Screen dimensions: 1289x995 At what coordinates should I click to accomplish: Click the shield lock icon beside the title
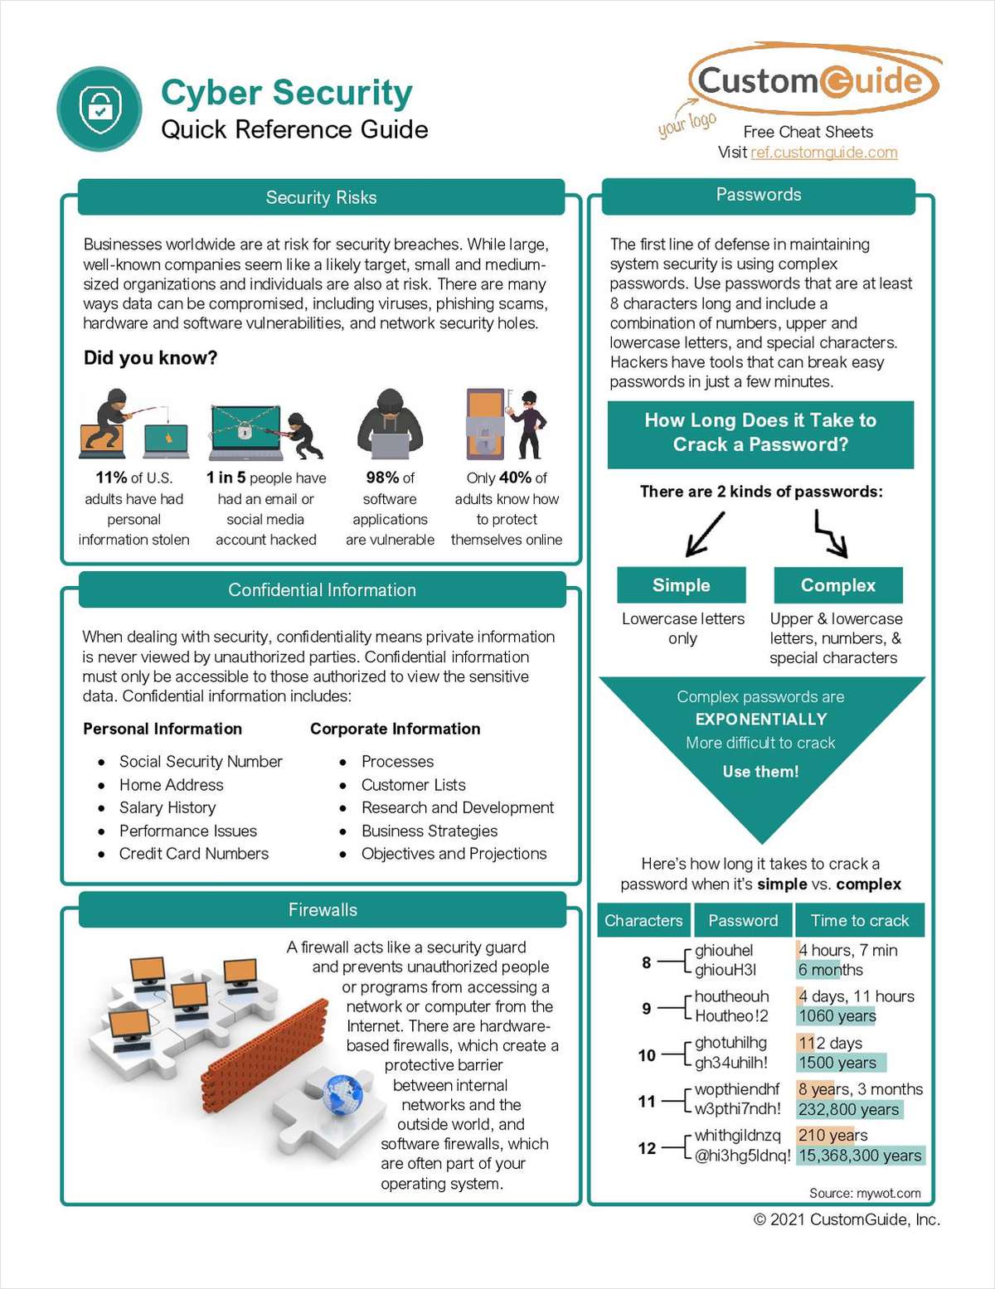pos(99,109)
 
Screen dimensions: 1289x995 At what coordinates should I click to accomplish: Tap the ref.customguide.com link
pos(823,153)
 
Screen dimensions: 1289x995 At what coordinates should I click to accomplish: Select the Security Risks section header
pos(321,197)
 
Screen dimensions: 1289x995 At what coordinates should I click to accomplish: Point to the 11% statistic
pos(112,477)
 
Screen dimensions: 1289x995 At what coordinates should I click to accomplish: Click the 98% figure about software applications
pos(383,477)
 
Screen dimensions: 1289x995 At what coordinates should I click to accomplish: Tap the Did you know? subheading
pos(150,358)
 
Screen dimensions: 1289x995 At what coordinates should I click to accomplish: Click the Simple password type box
pos(681,585)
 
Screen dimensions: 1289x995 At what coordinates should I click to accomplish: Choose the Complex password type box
pos(837,585)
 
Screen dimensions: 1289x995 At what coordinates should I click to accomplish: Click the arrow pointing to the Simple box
pos(704,534)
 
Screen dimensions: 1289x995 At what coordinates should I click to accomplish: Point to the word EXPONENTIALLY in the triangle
pos(760,720)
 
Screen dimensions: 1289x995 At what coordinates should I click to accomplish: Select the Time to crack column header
pos(859,920)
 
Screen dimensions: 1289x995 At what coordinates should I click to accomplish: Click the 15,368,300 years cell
pos(859,1156)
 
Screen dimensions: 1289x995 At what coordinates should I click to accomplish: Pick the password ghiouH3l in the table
pos(726,970)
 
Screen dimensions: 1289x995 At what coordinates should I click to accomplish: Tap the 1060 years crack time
pos(837,1016)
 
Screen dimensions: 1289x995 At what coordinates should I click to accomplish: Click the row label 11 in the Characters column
pos(647,1102)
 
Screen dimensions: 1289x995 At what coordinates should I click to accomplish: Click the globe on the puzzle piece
pos(342,1093)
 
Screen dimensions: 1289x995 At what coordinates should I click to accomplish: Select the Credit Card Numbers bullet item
pos(194,854)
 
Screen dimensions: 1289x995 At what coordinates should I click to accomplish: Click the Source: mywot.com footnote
pos(865,1193)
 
